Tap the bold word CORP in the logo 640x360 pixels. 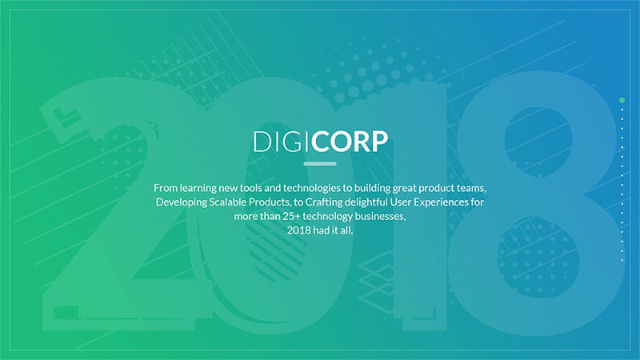tap(350, 142)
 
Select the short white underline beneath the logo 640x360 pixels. tap(320, 164)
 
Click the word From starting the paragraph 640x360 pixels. tap(167, 187)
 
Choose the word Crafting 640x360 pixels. tap(330, 202)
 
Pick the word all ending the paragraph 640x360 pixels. tap(346, 231)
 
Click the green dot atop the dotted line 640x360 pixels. tap(622, 100)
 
